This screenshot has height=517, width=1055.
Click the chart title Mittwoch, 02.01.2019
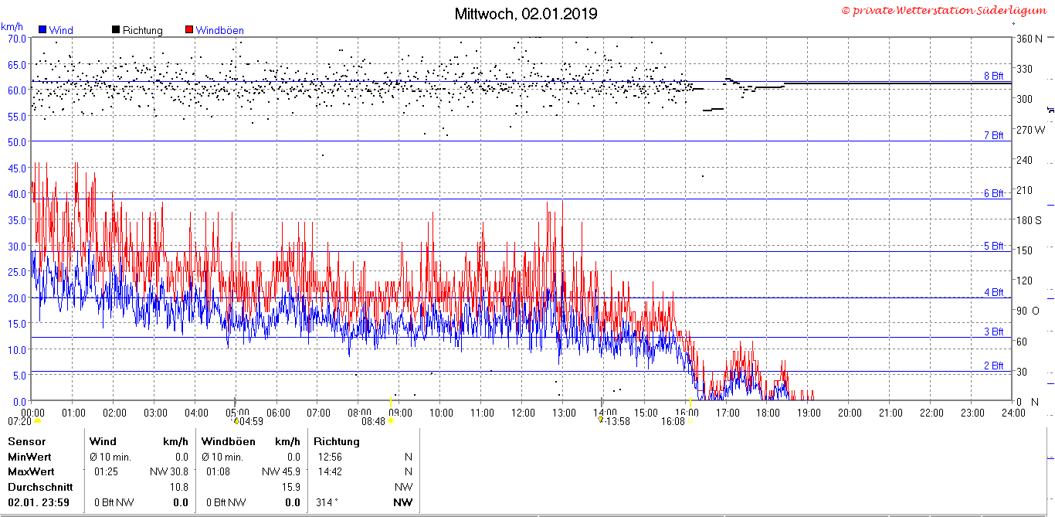526,14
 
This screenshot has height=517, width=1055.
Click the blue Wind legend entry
56,30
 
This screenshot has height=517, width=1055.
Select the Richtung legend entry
137,30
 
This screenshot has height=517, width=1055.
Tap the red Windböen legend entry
215,30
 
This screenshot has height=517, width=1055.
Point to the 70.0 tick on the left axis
17,39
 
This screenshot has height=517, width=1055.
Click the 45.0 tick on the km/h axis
17,168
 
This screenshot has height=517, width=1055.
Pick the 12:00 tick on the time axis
523,413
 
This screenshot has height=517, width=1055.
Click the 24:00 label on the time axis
1013,413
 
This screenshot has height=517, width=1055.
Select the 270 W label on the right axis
1030,130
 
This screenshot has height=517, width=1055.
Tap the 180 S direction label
1029,220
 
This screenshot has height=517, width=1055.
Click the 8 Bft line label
994,76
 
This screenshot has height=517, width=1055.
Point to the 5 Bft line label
994,246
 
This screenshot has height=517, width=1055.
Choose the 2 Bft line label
994,366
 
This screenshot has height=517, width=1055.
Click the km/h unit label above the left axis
12,26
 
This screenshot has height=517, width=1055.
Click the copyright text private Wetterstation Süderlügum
945,10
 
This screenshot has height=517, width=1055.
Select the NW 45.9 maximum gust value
280,471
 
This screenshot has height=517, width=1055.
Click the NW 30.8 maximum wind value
169,471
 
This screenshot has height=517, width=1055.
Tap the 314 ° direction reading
327,502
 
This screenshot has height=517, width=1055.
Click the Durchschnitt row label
40,487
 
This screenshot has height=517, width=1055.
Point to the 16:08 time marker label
673,421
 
